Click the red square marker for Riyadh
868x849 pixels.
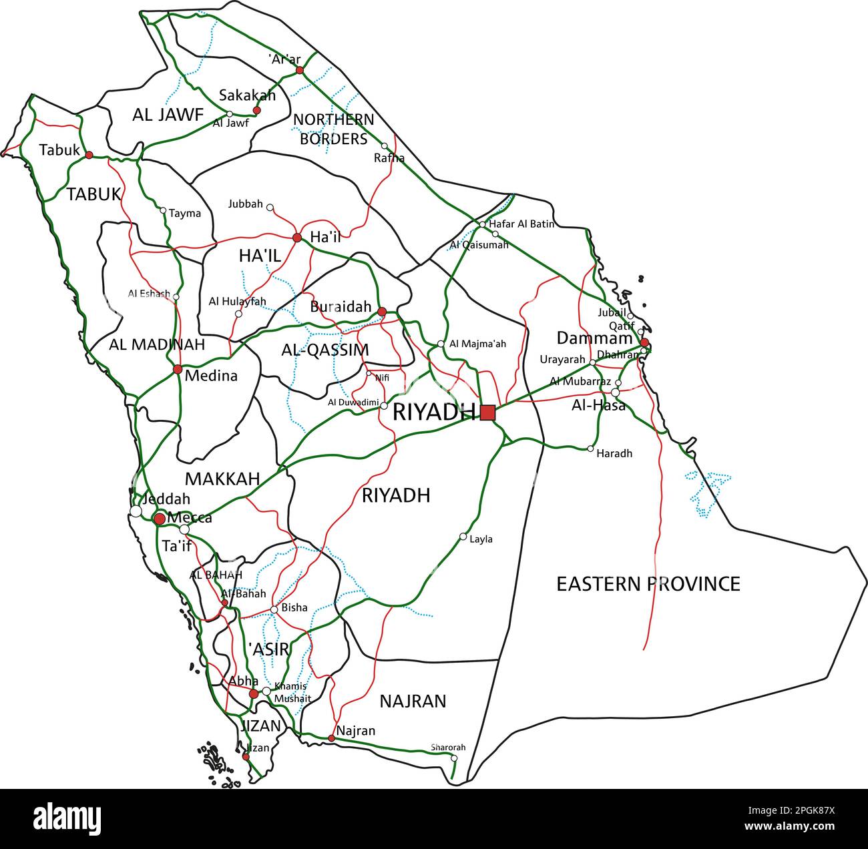487,412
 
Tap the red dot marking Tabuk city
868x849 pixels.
89,154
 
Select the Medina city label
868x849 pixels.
211,376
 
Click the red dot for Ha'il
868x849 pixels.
297,237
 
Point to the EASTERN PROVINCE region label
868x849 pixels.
648,584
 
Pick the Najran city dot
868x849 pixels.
331,738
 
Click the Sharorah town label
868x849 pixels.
448,748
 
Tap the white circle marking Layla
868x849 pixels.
463,536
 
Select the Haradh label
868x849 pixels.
614,454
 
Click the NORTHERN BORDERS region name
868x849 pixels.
334,129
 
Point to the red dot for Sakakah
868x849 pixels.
256,110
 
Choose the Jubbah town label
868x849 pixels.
245,204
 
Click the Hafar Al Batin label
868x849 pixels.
521,224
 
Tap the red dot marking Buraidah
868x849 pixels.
382,312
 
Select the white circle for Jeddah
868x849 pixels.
136,511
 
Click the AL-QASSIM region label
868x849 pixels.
325,350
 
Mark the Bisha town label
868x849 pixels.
294,607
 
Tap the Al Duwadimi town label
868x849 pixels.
353,402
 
